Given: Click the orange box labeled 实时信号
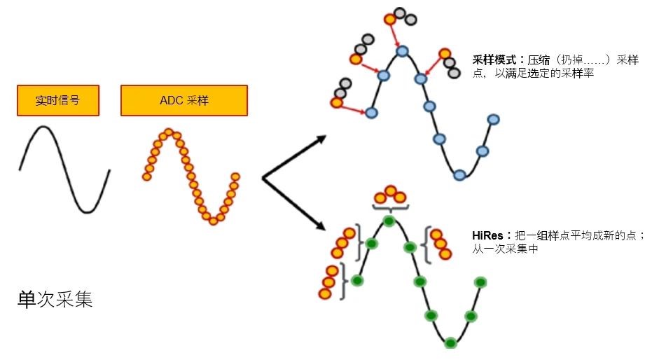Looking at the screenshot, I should [57, 100].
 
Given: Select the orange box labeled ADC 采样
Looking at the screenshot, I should [184, 100].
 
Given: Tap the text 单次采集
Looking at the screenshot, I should [55, 300].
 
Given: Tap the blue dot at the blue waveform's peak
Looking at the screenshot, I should [402, 50].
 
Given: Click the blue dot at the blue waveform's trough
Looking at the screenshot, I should [459, 174].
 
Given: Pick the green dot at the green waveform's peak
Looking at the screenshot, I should [389, 221].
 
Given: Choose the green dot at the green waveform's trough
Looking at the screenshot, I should [450, 342].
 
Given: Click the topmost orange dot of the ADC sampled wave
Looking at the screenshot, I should [168, 132].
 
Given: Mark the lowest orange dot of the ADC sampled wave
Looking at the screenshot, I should [214, 220].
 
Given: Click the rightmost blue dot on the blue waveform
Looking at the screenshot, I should [493, 120].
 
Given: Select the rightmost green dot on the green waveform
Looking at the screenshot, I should [480, 282].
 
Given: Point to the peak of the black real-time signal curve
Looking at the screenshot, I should [43, 127].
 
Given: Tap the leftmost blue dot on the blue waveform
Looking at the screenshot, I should [371, 112].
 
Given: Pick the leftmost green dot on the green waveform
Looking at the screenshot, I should [358, 280].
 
